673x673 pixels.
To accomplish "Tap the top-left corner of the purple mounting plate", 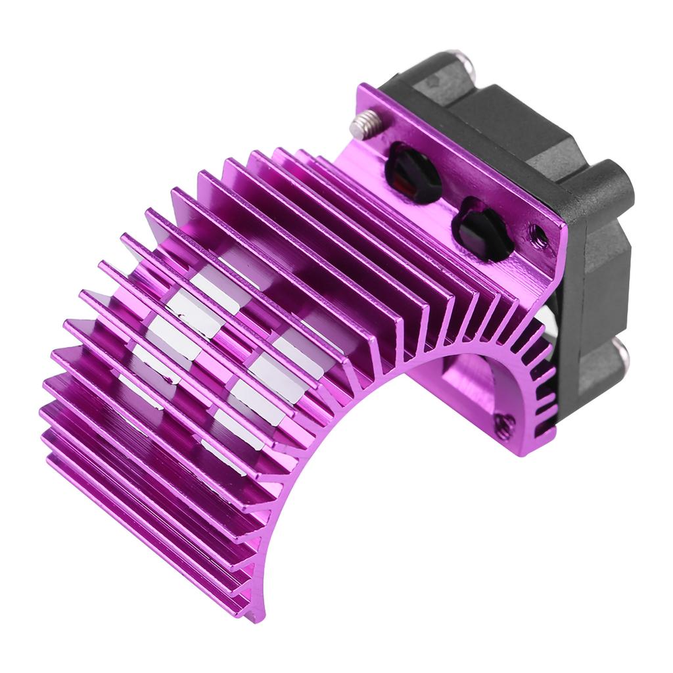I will (360, 88).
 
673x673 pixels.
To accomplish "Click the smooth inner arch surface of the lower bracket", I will (473, 388).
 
